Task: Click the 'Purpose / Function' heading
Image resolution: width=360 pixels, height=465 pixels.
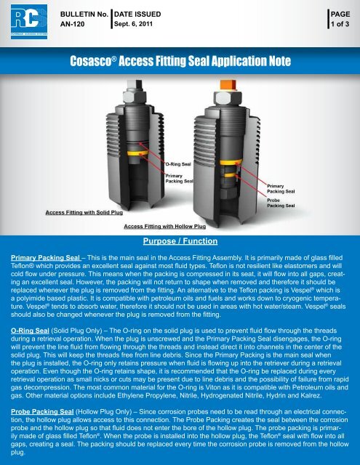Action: pos(179,239)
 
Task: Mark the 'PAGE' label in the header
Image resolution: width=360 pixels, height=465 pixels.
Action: pos(340,14)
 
